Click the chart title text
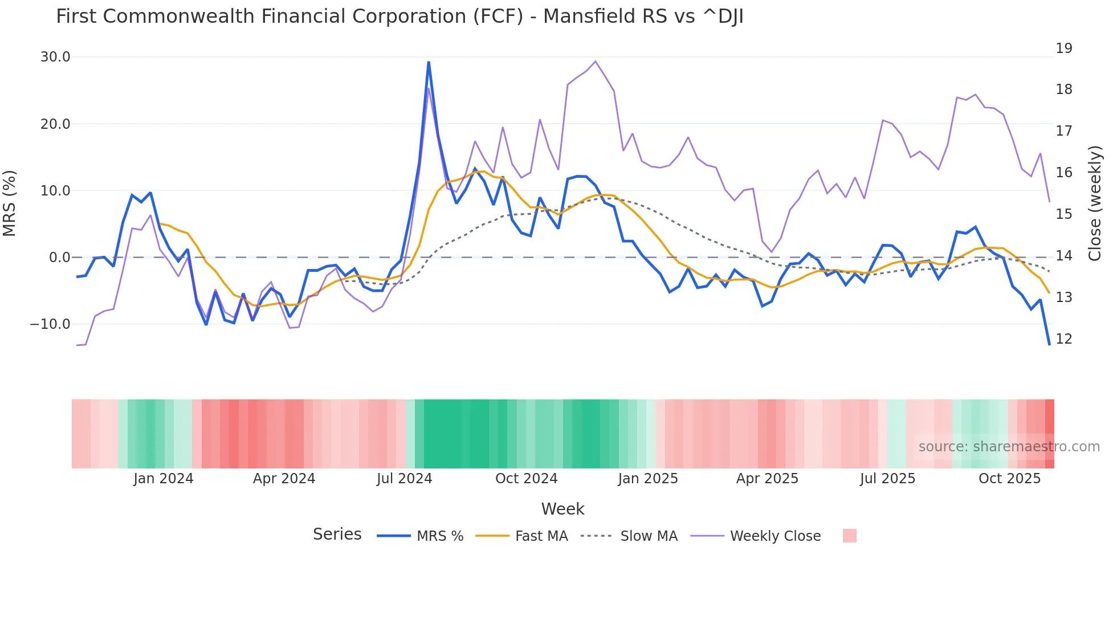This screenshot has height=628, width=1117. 399,17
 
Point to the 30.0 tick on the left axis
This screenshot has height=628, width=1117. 55,57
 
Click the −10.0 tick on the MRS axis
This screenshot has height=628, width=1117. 50,324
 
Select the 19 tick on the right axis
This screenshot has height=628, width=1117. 1063,48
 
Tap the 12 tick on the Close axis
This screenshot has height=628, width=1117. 1063,339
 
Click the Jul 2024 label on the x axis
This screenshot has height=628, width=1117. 404,479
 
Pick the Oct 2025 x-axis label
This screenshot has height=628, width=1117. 1009,479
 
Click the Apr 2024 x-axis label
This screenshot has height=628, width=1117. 284,479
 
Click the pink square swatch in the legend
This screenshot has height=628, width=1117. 849,536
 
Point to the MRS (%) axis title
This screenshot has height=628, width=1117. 10,203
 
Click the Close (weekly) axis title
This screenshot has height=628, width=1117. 1095,203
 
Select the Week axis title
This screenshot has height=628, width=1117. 562,509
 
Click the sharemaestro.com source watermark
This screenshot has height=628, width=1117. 1009,447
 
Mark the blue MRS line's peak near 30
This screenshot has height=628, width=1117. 429,62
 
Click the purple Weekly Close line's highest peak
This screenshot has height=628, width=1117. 596,61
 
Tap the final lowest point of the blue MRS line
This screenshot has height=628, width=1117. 1049,344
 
